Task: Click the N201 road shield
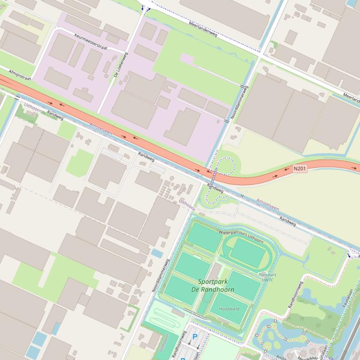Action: (300, 168)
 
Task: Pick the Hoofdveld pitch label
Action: (229, 310)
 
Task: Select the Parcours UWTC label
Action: (267, 277)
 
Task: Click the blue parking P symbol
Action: (195, 336)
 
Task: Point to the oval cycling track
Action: (248, 253)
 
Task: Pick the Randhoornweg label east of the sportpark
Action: (296, 295)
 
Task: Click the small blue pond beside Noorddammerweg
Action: (157, 253)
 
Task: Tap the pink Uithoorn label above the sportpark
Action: (187, 204)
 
